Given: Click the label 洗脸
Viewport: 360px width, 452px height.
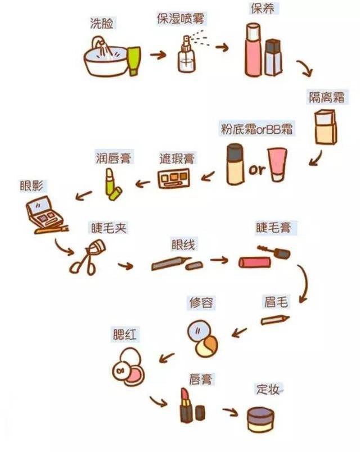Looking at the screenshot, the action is click(102, 23).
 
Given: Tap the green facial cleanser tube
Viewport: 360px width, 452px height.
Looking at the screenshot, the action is click(134, 61).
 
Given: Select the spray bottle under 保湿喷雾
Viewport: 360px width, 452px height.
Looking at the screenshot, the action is click(186, 55).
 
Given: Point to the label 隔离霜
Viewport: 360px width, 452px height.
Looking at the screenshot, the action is click(327, 97).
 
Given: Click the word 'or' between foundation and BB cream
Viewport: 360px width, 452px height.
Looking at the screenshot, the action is click(256, 170).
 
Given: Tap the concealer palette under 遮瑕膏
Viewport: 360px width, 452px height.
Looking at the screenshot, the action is click(174, 178).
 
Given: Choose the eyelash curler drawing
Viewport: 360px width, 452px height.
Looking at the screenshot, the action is click(87, 257).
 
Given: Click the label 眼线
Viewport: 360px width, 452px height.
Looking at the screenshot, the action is click(183, 245).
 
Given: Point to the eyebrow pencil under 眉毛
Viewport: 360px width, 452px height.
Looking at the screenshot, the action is click(275, 320).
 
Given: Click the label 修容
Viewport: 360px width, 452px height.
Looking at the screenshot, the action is click(201, 302).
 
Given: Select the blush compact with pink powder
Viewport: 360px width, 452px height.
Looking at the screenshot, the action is click(128, 367).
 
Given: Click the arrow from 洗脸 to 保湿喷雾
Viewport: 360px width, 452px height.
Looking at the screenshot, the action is click(158, 55).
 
